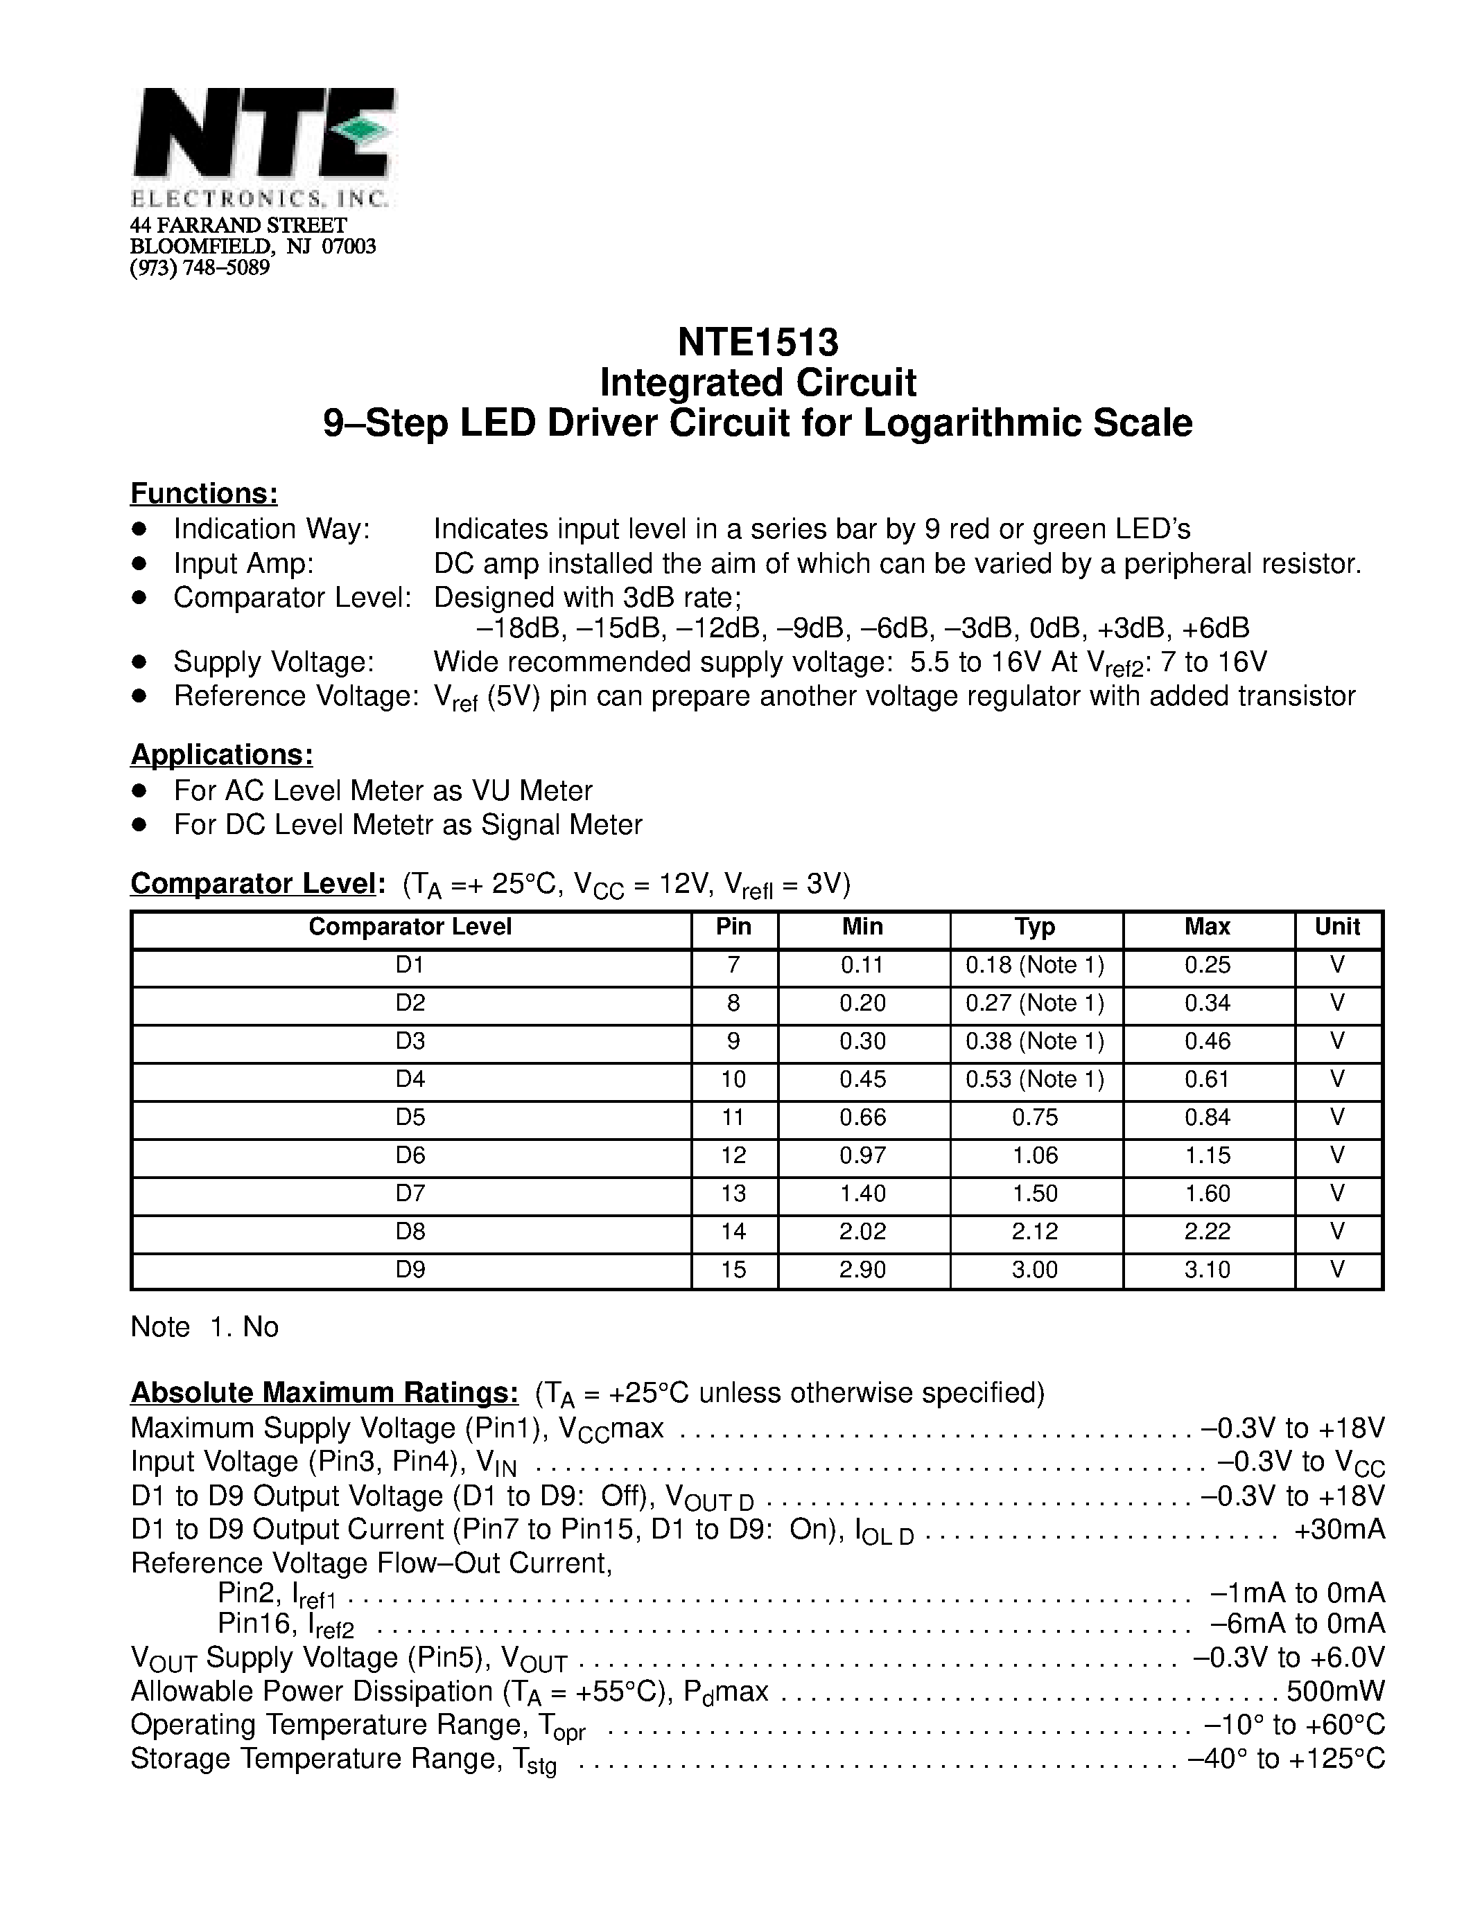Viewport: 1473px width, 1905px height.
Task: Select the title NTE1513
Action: tap(758, 342)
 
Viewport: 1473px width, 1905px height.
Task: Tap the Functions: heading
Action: tap(204, 494)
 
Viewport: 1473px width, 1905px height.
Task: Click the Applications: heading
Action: tap(222, 754)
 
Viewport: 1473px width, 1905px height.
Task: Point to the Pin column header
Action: tap(733, 926)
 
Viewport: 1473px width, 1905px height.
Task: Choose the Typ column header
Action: tap(1035, 926)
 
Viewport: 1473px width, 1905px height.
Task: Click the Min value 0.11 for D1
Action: tap(862, 965)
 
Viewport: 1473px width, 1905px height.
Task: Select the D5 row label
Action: tap(410, 1117)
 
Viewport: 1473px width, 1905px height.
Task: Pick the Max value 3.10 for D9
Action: tap(1207, 1269)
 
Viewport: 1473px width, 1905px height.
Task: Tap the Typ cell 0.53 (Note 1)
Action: tap(1035, 1079)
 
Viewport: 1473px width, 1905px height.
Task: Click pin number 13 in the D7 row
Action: tap(733, 1194)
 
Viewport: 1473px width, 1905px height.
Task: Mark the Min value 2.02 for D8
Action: tap(862, 1232)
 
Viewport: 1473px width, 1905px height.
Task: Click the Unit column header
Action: tap(1338, 926)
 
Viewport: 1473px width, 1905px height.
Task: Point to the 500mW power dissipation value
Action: tap(1335, 1692)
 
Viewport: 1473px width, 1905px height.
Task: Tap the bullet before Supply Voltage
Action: tap(139, 662)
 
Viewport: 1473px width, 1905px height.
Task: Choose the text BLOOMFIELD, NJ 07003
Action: tap(253, 246)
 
